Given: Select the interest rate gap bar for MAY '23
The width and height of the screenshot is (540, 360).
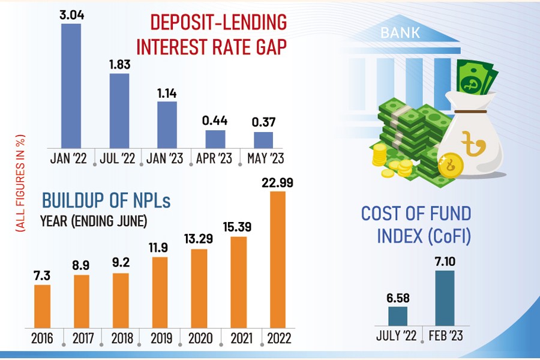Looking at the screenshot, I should click(263, 140).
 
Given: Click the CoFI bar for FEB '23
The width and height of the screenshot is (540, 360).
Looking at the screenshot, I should click(445, 298).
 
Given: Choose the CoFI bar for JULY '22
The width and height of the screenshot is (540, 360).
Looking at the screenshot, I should click(398, 316).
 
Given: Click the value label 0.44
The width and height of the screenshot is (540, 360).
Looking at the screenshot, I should click(215, 120).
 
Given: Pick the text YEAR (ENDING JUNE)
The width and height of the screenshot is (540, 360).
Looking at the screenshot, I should click(93, 221).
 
